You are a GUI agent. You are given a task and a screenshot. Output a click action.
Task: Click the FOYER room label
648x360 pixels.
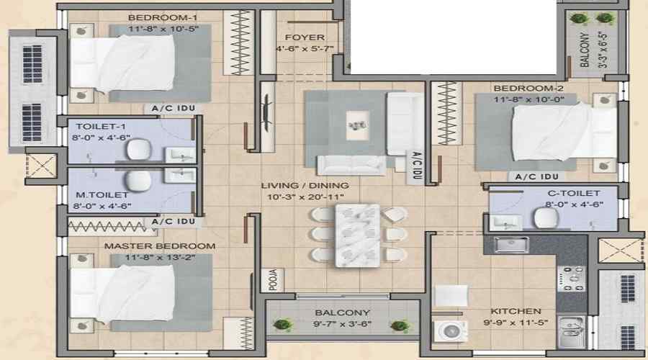pyautogui.click(x=305, y=37)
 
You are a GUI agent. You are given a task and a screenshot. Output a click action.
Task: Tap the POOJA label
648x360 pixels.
pyautogui.click(x=273, y=280)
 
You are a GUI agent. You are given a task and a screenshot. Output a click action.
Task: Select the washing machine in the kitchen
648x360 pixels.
pyautogui.click(x=450, y=330)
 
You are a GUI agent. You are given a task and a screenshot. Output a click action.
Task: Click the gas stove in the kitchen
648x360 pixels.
pyautogui.click(x=571, y=279)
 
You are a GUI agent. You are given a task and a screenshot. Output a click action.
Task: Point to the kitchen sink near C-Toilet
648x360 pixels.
pyautogui.click(x=511, y=245)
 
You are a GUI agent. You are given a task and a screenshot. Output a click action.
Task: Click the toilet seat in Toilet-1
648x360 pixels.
pyautogui.click(x=139, y=149)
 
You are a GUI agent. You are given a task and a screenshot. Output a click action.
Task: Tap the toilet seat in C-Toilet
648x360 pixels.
pyautogui.click(x=546, y=217)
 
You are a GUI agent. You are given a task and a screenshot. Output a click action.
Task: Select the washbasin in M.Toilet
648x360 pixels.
pyautogui.click(x=180, y=175)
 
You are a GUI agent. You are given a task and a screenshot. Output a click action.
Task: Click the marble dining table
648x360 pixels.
pyautogui.click(x=357, y=235)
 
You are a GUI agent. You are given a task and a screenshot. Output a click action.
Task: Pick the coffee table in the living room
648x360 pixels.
pyautogui.click(x=357, y=125)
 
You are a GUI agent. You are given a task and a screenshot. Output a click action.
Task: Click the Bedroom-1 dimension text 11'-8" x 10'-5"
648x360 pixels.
pyautogui.click(x=163, y=29)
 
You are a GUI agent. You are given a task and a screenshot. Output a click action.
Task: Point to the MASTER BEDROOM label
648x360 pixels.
pyautogui.click(x=160, y=246)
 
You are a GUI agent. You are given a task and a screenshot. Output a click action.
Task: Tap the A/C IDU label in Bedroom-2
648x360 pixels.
pyautogui.click(x=537, y=177)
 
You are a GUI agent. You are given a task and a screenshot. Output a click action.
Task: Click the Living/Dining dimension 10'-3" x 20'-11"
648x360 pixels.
pyautogui.click(x=305, y=197)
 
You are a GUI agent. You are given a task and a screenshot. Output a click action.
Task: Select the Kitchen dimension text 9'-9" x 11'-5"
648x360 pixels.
pyautogui.click(x=516, y=323)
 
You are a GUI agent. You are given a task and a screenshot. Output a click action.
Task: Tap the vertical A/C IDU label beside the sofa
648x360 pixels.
pyautogui.click(x=417, y=166)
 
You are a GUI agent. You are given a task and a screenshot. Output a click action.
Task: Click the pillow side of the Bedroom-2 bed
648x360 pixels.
pyautogui.click(x=605, y=132)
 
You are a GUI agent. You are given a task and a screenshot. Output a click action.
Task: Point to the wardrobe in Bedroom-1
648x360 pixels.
pyautogui.click(x=238, y=42)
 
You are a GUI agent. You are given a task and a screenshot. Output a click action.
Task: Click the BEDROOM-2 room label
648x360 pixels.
pyautogui.click(x=528, y=89)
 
